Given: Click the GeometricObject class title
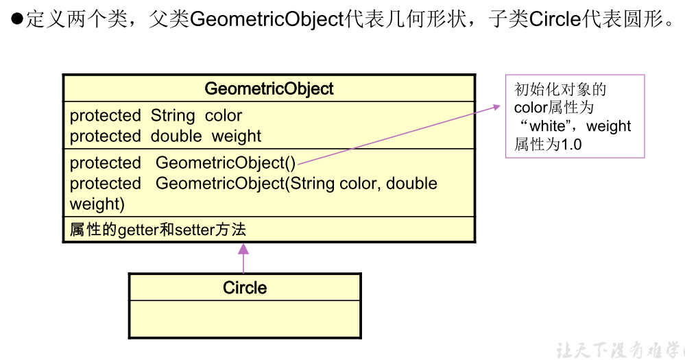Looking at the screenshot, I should (269, 88).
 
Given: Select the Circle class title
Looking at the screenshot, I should (245, 287).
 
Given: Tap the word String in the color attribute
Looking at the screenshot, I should (173, 115).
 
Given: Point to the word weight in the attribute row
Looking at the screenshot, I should (236, 136).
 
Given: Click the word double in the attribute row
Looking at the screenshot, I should (176, 136).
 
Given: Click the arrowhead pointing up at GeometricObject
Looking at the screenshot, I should (243, 249).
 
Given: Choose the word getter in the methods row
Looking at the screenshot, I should (138, 230).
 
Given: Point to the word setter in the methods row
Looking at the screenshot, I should (195, 230).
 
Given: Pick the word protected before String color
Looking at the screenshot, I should (105, 115).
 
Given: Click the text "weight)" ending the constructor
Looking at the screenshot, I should (97, 204).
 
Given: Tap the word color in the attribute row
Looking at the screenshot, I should (224, 115).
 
